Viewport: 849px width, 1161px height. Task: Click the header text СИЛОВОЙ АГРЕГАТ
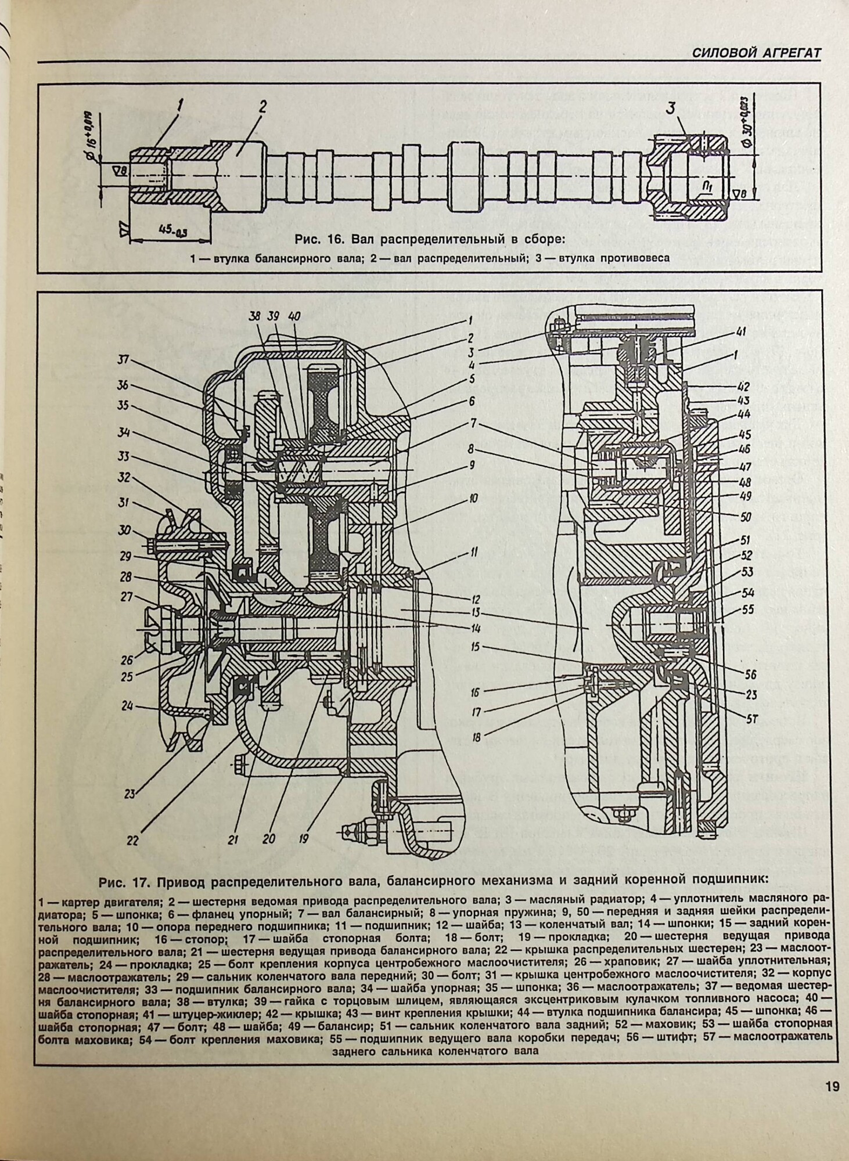point(756,53)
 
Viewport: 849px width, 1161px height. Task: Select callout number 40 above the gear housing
point(294,318)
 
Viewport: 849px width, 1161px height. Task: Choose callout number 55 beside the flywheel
point(748,610)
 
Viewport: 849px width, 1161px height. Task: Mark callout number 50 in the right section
point(746,517)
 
